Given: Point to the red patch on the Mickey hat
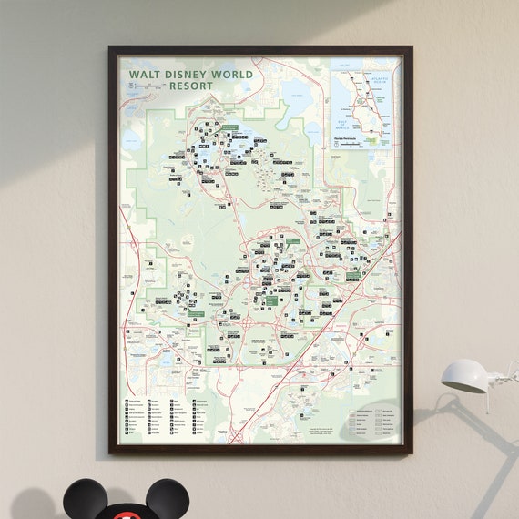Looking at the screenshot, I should [x=128, y=515].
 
